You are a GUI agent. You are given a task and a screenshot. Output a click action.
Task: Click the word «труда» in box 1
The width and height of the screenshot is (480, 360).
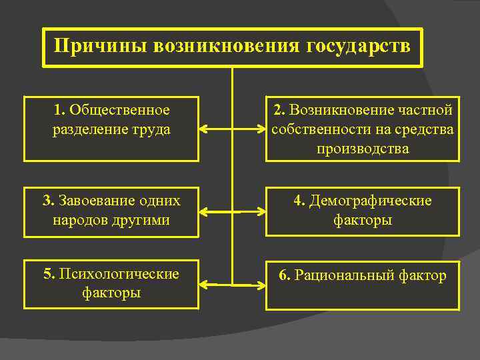(x=151, y=129)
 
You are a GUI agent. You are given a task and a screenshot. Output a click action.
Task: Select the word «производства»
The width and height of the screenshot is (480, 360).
(x=363, y=148)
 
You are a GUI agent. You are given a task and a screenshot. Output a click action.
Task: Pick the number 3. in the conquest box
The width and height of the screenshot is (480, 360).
(x=48, y=201)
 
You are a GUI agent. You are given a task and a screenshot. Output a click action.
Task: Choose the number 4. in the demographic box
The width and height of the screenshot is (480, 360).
(x=299, y=201)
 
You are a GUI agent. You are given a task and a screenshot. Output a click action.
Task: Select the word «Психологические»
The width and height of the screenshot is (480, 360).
(x=119, y=274)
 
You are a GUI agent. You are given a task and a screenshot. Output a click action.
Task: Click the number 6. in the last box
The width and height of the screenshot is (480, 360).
(x=284, y=275)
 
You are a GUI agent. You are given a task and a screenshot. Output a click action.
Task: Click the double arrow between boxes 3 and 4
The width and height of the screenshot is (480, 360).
(x=232, y=213)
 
